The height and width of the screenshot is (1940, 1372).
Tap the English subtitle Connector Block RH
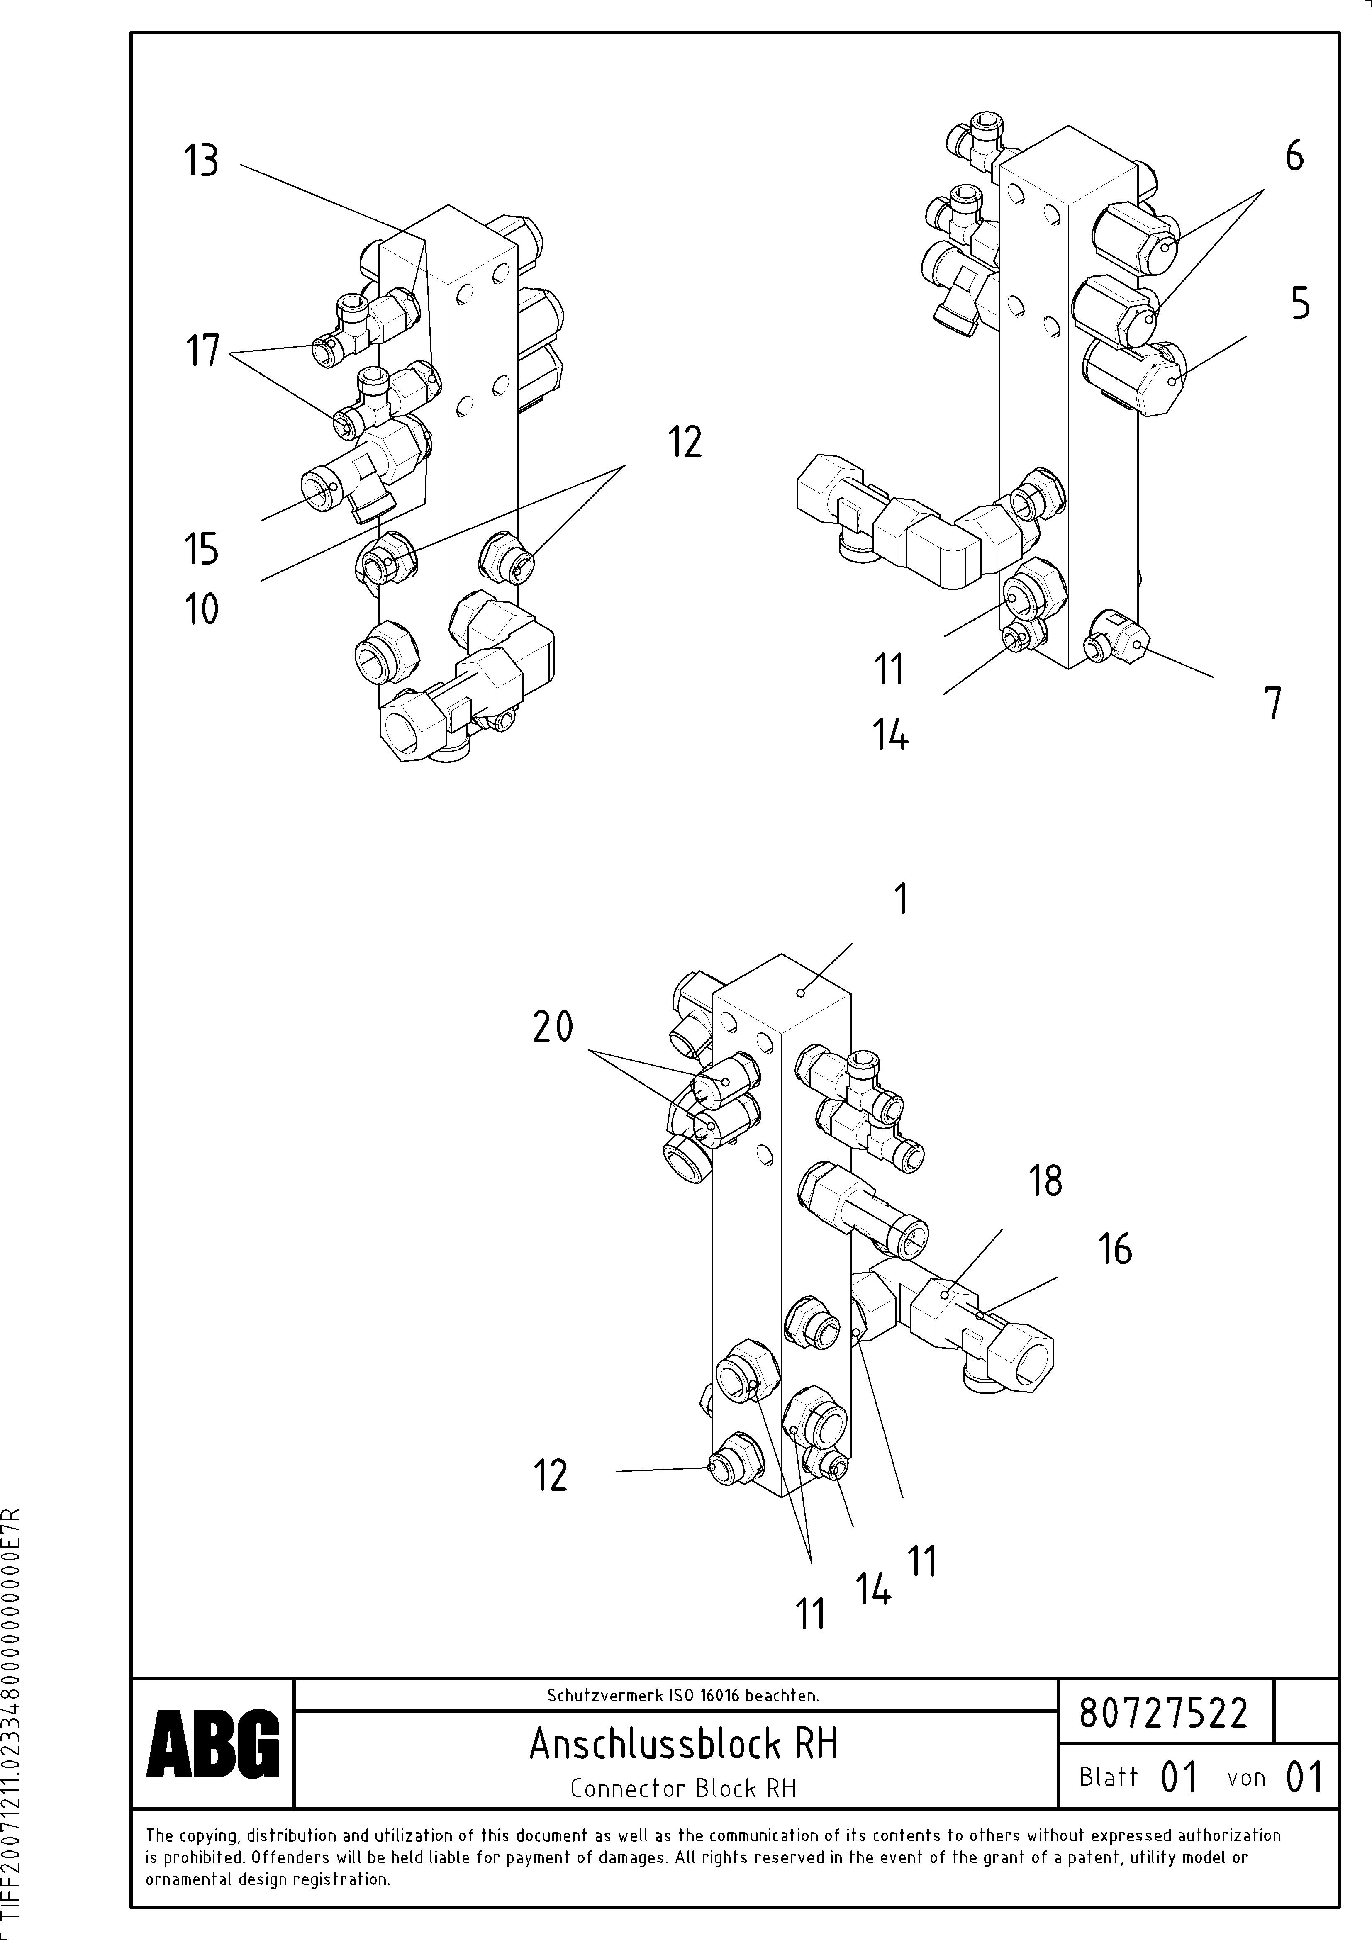pos(683,1789)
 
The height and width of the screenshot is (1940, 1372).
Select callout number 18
pos(1045,1181)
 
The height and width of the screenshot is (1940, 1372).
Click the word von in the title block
pos(1246,1778)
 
